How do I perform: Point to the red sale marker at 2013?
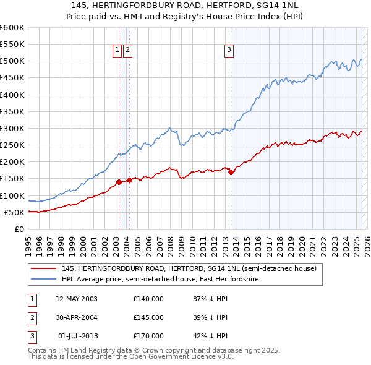[231, 172]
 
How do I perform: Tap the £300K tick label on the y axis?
[13, 129]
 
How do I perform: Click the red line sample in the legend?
[43, 268]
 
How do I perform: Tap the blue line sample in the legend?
[43, 280]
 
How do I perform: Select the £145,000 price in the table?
[148, 317]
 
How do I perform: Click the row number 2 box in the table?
[31, 317]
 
